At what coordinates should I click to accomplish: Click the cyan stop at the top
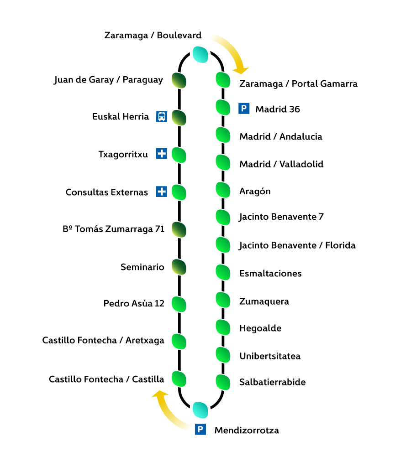point(200,54)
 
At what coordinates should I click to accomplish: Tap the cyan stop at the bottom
point(200,410)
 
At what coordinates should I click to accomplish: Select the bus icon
point(162,116)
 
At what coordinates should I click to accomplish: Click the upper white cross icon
point(162,153)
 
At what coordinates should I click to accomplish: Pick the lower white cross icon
point(162,192)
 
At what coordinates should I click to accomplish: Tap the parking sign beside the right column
point(244,109)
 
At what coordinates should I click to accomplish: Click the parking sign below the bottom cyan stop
point(200,429)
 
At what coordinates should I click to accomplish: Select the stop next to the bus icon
point(179,118)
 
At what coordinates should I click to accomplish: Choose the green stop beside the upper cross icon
point(179,155)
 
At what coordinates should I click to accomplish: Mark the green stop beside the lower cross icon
point(179,192)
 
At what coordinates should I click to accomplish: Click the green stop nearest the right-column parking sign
point(223,107)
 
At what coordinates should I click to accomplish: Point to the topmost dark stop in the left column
point(179,80)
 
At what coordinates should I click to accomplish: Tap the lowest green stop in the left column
point(179,379)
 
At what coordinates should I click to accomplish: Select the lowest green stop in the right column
point(223,382)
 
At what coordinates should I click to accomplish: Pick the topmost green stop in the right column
point(223,80)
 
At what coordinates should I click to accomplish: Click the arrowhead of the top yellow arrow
point(241,71)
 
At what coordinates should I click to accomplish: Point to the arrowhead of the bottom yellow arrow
point(159,393)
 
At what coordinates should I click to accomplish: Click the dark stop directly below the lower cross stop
point(179,229)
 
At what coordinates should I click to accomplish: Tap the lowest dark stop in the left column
point(179,267)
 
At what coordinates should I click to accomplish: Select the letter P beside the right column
point(244,109)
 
